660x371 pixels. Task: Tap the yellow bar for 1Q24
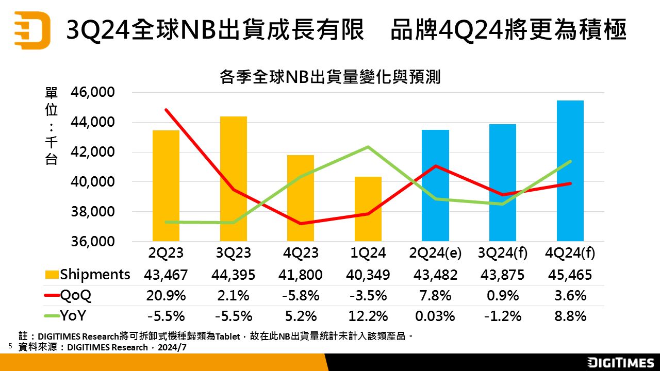coord(368,209)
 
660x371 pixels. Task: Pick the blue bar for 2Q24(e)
coord(435,185)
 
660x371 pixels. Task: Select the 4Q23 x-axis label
coord(301,253)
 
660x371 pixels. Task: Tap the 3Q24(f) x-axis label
coord(503,253)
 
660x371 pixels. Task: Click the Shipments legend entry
coord(88,275)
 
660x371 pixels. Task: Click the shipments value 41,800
coord(301,275)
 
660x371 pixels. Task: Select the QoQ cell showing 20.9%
coord(166,295)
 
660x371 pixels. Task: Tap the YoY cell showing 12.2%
coord(368,316)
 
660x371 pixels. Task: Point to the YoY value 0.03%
coord(435,316)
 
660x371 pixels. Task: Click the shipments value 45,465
coord(570,275)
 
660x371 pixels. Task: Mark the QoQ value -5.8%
coord(301,295)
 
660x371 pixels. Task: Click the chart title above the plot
coord(329,77)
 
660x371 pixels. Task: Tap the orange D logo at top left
coord(32,30)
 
